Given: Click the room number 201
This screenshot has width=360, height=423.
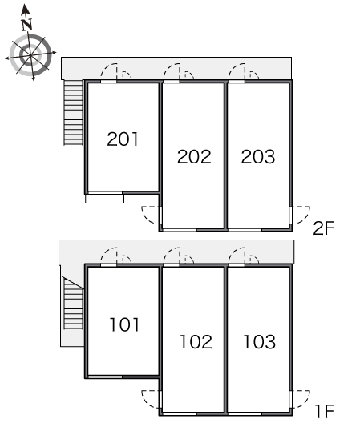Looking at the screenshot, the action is [123, 139].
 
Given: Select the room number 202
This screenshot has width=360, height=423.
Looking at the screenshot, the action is [194, 157].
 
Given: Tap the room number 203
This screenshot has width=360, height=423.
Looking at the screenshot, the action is [258, 157].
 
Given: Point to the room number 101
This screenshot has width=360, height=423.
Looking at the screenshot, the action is [124, 324].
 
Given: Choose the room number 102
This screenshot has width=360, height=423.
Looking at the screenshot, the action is [196, 342].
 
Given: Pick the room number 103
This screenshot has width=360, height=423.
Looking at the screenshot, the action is [260, 342].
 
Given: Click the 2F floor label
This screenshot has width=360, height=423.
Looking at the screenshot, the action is [324, 228].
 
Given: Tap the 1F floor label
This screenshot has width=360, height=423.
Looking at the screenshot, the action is [325, 412].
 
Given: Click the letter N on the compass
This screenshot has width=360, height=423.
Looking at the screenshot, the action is [27, 25].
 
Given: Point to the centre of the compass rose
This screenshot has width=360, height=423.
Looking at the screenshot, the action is [30, 55].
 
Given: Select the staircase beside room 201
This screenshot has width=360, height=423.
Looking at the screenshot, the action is [73, 112].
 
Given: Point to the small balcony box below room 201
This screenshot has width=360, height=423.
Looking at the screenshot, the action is [104, 199].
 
